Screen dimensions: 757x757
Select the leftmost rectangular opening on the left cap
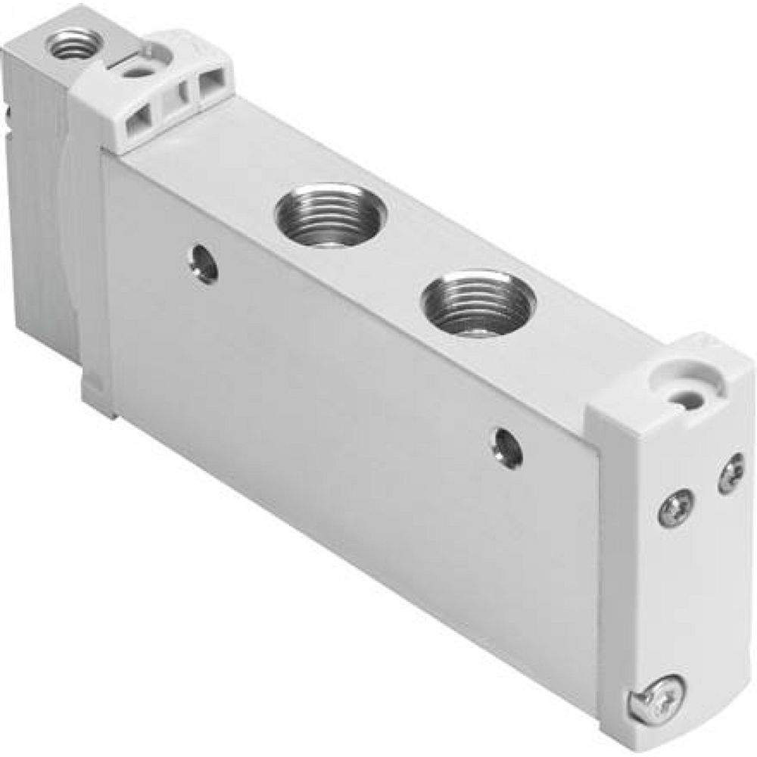140,117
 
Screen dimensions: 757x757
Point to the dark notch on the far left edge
8,114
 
